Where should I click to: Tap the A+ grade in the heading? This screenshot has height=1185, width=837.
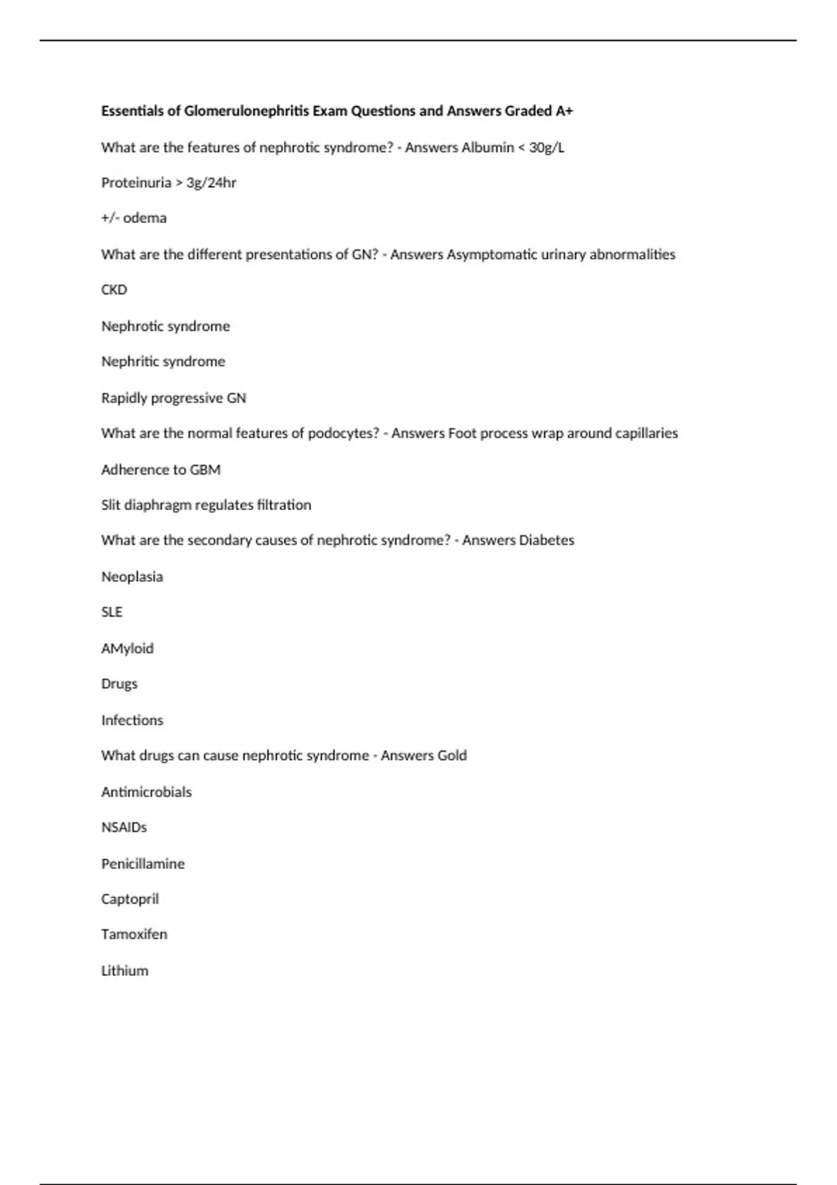564,111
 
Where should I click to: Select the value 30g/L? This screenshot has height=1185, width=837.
547,147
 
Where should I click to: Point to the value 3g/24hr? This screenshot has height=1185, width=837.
211,183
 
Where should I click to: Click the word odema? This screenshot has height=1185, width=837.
145,218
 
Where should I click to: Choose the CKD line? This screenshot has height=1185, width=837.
114,289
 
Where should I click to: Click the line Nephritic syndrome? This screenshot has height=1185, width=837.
163,361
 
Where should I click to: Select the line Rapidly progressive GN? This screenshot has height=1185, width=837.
174,398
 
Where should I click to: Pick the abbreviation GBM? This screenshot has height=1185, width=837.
205,470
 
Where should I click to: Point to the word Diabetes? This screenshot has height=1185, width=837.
547,540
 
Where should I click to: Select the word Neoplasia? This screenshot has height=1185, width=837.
132,576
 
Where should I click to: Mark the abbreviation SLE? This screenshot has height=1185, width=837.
112,612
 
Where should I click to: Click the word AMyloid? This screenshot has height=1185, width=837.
127,648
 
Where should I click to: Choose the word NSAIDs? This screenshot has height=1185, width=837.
124,827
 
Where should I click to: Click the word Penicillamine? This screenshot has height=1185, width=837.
143,864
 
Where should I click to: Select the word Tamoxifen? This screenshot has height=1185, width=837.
134,934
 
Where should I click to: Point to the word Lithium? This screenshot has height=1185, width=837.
125,970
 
